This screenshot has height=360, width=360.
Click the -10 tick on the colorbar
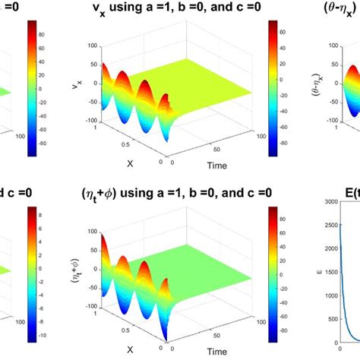pyautogui.click(x=43, y=334)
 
